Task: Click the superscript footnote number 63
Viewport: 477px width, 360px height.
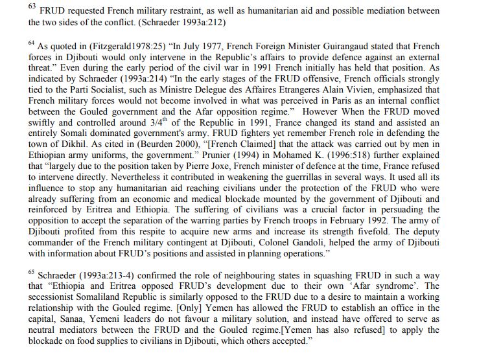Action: tap(32, 7)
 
